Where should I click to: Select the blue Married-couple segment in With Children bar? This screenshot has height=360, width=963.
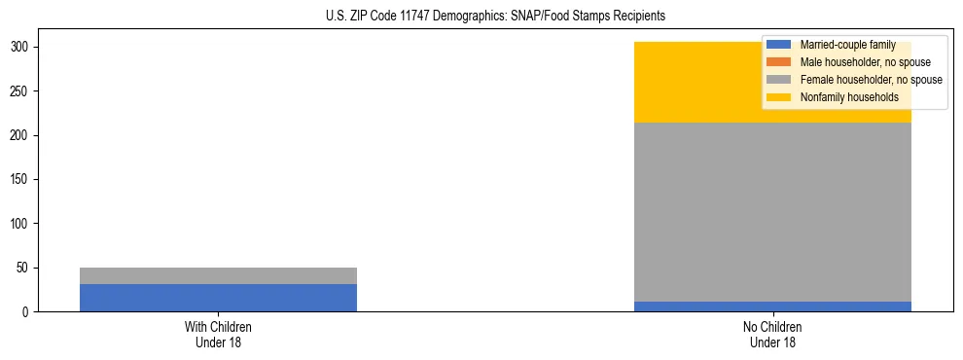click(218, 298)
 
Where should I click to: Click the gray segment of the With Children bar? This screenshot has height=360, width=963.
click(218, 275)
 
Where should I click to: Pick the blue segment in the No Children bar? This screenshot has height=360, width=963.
click(772, 306)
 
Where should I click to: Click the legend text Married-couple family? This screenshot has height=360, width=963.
click(847, 45)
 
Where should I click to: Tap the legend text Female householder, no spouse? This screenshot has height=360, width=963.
click(871, 80)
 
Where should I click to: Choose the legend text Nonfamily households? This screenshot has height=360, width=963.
click(848, 97)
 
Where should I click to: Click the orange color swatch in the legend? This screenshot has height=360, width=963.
click(779, 62)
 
